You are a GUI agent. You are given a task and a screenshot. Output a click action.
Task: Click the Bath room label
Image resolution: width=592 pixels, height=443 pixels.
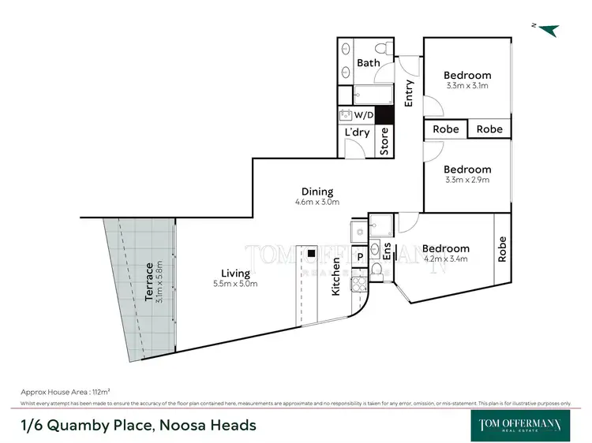368,63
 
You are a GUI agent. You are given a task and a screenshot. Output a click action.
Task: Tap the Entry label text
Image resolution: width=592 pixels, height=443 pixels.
409,94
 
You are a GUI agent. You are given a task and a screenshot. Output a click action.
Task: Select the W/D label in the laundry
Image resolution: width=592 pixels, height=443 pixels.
364,115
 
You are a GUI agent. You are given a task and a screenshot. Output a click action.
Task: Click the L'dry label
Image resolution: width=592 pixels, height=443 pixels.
357,133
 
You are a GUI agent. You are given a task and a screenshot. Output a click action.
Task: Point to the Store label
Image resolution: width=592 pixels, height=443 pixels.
384,141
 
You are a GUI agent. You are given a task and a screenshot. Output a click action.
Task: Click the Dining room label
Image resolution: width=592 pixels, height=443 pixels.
317,192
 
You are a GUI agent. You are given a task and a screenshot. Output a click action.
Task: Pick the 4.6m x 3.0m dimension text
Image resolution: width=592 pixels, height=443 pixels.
317,202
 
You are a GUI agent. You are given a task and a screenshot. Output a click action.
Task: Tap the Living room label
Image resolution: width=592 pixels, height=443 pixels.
235,274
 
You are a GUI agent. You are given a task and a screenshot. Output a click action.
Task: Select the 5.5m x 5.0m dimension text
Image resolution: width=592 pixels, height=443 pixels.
235,284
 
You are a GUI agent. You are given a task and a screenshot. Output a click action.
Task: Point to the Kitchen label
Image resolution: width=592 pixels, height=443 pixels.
335,277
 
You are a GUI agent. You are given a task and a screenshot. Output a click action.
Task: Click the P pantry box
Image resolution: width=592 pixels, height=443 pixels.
359,256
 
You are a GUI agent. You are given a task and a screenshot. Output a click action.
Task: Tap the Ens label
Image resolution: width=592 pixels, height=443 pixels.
387,251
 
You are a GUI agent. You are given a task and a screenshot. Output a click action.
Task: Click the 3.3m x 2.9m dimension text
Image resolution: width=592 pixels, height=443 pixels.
467,180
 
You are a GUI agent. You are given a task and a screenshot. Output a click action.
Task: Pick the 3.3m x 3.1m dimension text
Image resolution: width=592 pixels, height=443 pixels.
467,86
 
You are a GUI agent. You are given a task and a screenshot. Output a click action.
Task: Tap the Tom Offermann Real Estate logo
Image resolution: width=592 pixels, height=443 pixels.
522,423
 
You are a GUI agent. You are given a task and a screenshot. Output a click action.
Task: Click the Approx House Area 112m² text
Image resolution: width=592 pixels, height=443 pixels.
65,392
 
